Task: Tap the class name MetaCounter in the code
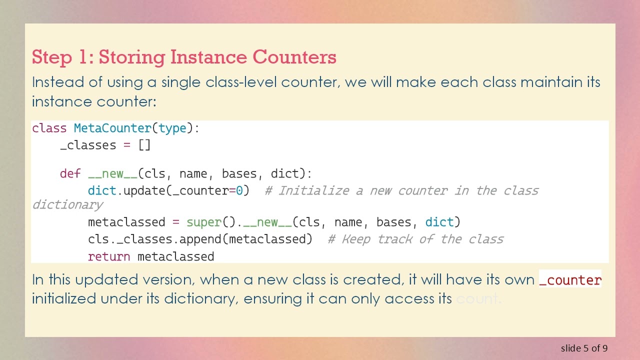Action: tap(112, 128)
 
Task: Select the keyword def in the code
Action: tap(70, 174)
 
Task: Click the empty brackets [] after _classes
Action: tap(144, 145)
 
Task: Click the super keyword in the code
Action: tap(203, 222)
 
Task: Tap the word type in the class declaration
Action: tap(172, 128)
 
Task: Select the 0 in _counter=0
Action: tap(239, 191)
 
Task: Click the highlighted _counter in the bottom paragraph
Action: tap(570, 280)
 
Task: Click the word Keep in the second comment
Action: tap(355, 239)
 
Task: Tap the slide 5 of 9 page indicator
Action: tap(584, 348)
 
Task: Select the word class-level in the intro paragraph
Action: tap(271, 82)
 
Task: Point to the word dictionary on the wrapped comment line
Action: tap(67, 205)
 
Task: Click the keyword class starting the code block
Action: tap(49, 128)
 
